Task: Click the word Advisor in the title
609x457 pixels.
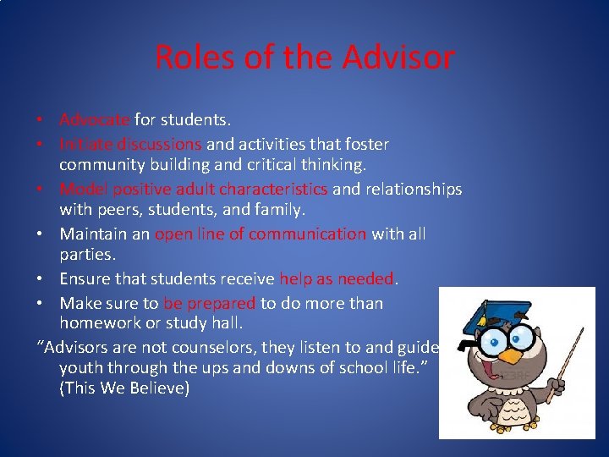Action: [x=398, y=58]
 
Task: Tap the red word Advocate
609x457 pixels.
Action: [x=95, y=120]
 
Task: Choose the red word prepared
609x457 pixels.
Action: [x=220, y=303]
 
